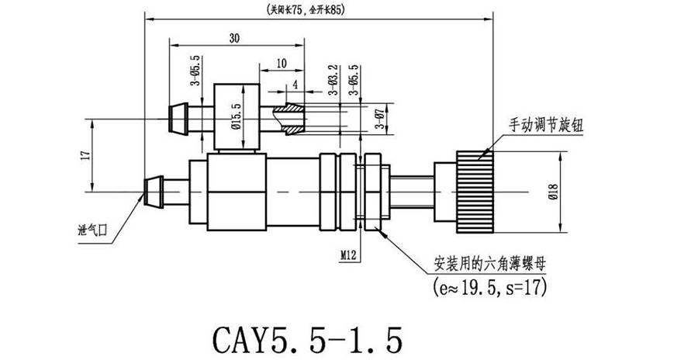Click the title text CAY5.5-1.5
click(x=307, y=339)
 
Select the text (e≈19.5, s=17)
click(x=490, y=289)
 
